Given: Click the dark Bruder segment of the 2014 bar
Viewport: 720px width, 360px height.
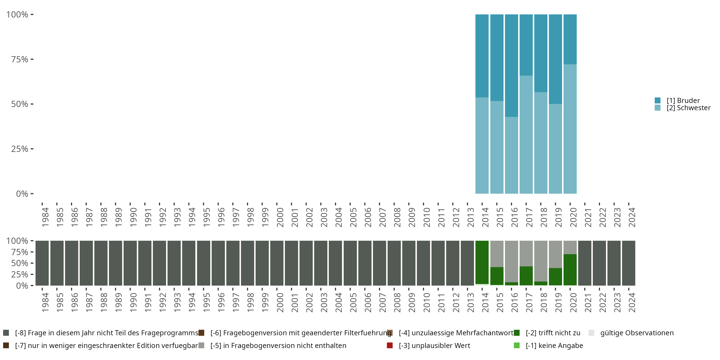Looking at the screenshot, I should pyautogui.click(x=482, y=56).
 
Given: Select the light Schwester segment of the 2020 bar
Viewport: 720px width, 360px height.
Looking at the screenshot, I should pyautogui.click(x=570, y=129).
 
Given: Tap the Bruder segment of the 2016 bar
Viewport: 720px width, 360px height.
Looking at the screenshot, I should pyautogui.click(x=511, y=66).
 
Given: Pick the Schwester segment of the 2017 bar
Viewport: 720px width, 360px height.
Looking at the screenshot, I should pyautogui.click(x=526, y=134).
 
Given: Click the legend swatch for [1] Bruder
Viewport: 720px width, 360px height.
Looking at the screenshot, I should pyautogui.click(x=657, y=100).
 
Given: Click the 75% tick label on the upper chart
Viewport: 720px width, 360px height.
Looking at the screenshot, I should pyautogui.click(x=20, y=59).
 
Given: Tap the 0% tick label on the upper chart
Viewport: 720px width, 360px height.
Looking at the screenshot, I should pyautogui.click(x=22, y=194).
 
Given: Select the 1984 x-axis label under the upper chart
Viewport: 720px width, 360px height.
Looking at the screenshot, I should pyautogui.click(x=45, y=217).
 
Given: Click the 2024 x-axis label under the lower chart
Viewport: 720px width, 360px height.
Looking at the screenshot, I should pyautogui.click(x=632, y=302).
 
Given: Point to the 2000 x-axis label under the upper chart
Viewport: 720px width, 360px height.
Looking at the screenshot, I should pyautogui.click(x=280, y=217).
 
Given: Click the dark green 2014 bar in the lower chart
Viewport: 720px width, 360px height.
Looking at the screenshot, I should pyautogui.click(x=482, y=262).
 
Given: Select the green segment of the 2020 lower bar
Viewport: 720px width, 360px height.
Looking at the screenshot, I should pyautogui.click(x=570, y=270).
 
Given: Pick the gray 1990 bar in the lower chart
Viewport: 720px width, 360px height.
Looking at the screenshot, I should pyautogui.click(x=130, y=263).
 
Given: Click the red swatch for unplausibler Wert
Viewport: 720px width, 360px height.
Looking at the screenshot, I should pyautogui.click(x=390, y=345).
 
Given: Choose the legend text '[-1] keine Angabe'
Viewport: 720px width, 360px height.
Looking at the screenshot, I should pyautogui.click(x=554, y=345).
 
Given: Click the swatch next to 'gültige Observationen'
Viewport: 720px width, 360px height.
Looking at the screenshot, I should pyautogui.click(x=591, y=333).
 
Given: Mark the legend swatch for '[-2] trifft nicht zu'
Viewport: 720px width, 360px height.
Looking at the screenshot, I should pyautogui.click(x=516, y=333).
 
